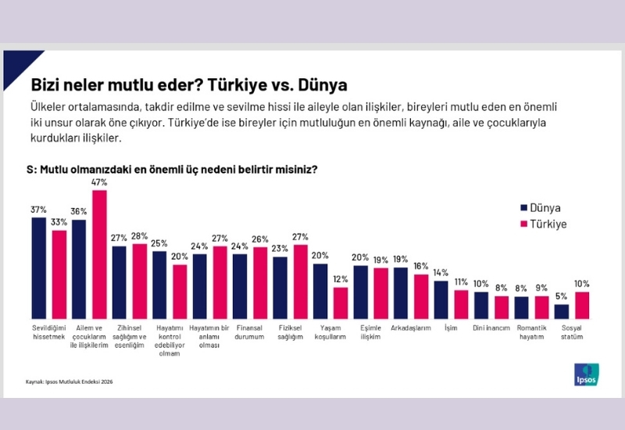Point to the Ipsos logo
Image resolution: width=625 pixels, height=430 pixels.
pos(586,374)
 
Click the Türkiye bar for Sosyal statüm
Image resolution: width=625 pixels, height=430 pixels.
pos(582,305)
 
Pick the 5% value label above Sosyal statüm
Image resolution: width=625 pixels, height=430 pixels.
pos(562,296)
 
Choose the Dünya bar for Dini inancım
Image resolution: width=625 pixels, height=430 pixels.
pos(481,305)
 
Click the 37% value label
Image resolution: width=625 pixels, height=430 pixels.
pos(38,210)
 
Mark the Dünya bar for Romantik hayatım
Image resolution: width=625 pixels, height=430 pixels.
pos(522,306)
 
